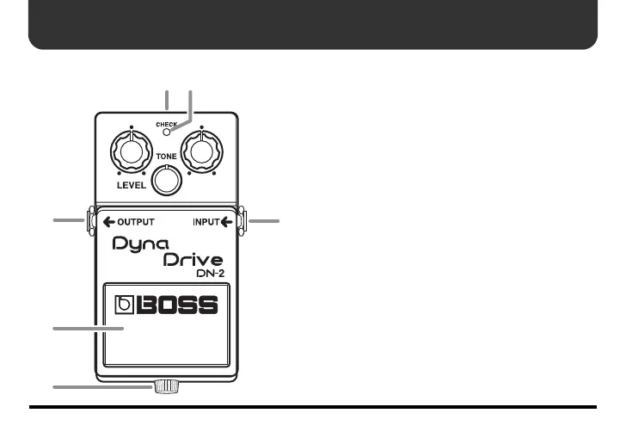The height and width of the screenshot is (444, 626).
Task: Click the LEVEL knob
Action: pyautogui.click(x=131, y=153)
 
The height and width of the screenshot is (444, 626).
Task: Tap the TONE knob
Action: pyautogui.click(x=167, y=178)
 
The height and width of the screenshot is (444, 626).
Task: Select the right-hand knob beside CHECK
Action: pyautogui.click(x=201, y=153)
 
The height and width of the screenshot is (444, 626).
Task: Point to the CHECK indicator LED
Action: pyautogui.click(x=167, y=133)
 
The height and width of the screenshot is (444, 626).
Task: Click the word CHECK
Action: pyautogui.click(x=167, y=125)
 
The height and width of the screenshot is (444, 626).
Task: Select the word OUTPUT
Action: pyautogui.click(x=136, y=222)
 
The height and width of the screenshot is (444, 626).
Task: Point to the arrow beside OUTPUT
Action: pyautogui.click(x=108, y=222)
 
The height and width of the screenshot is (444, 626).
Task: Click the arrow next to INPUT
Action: pyautogui.click(x=227, y=222)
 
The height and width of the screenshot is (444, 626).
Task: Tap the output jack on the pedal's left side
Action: pyautogui.click(x=89, y=221)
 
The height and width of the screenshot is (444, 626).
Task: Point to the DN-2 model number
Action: pyautogui.click(x=210, y=274)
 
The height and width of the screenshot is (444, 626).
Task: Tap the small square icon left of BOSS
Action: pyautogui.click(x=126, y=305)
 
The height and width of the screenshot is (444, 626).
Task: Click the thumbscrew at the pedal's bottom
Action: pyautogui.click(x=165, y=387)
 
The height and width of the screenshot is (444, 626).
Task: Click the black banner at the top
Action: pyautogui.click(x=313, y=24)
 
